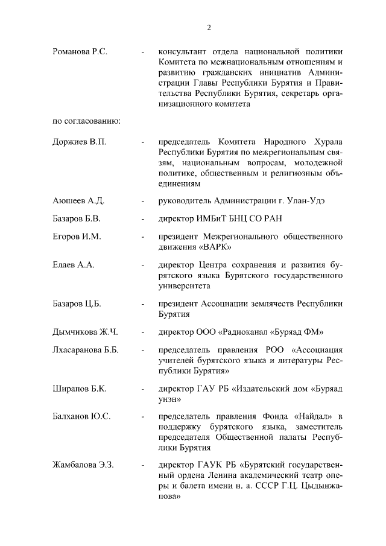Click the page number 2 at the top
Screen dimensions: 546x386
209,27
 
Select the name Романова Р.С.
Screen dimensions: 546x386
80,52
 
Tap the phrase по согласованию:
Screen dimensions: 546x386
87,121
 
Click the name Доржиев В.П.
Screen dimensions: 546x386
79,142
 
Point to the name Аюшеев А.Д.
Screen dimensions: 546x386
78,200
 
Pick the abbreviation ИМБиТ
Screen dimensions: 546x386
215,218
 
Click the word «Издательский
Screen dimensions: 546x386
268,389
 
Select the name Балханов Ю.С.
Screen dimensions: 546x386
81,417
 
